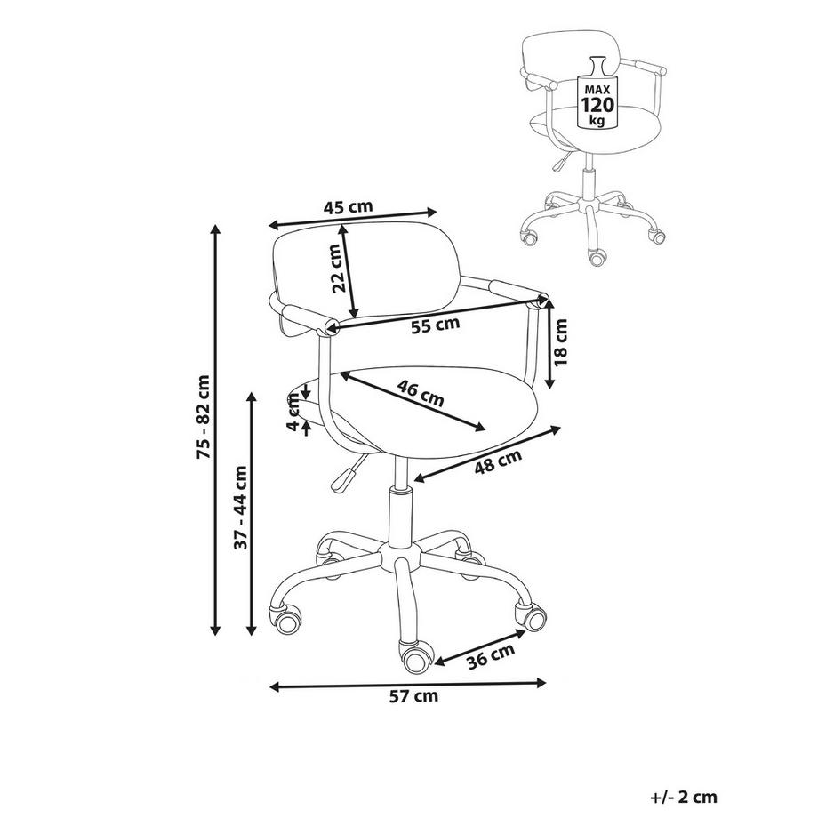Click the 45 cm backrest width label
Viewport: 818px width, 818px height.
348,206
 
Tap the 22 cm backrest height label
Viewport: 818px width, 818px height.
338,269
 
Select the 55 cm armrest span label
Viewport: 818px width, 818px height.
435,325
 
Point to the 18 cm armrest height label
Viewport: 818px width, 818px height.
560,342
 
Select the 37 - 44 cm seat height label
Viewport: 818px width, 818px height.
241,508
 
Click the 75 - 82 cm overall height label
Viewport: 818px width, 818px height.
204,417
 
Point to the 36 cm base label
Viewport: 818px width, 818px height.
491,656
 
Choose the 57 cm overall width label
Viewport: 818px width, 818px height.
413,696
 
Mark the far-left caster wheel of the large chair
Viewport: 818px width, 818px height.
285,619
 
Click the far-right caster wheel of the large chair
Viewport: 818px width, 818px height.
531,616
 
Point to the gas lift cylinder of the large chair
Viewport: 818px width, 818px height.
400,516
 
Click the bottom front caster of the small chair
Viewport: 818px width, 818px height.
597,256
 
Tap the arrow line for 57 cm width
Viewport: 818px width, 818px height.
407,685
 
